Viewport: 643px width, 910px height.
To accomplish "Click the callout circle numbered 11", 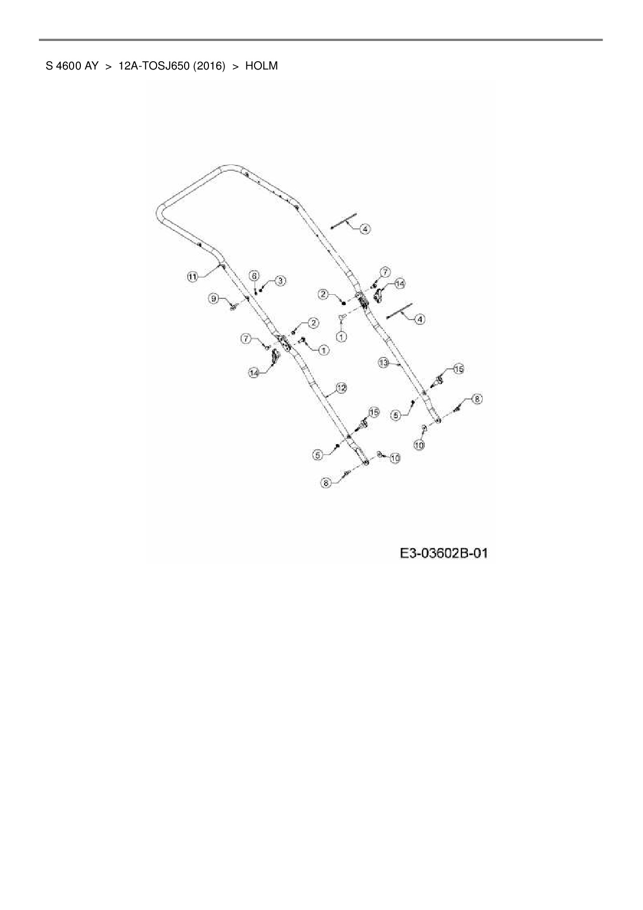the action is (192, 277).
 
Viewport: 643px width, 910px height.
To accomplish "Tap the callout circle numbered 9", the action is (213, 298).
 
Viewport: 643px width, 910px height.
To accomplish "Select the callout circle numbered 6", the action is (254, 275).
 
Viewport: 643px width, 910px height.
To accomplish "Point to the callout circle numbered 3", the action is (279, 281).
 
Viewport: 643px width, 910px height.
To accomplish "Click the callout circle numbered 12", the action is (341, 388).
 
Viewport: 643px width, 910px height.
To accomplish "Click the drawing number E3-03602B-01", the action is (443, 554).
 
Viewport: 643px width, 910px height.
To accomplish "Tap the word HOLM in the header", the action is (261, 66).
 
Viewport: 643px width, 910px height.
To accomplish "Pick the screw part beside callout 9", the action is (232, 306).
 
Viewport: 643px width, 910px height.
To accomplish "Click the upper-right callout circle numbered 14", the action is (400, 283).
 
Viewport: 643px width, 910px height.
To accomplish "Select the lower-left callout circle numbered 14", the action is (254, 372).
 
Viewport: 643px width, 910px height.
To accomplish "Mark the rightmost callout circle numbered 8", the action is (477, 399).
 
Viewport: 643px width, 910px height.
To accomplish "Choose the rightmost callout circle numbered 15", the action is (458, 369).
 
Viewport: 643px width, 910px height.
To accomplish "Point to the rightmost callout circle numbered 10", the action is (419, 445).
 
